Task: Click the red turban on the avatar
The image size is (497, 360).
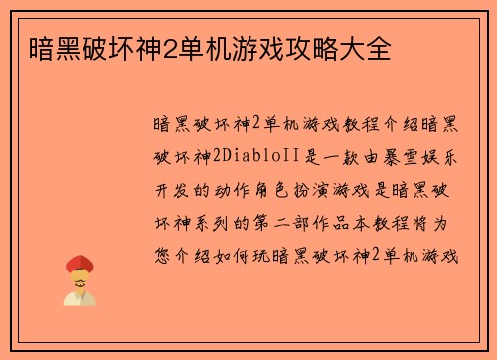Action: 80,264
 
